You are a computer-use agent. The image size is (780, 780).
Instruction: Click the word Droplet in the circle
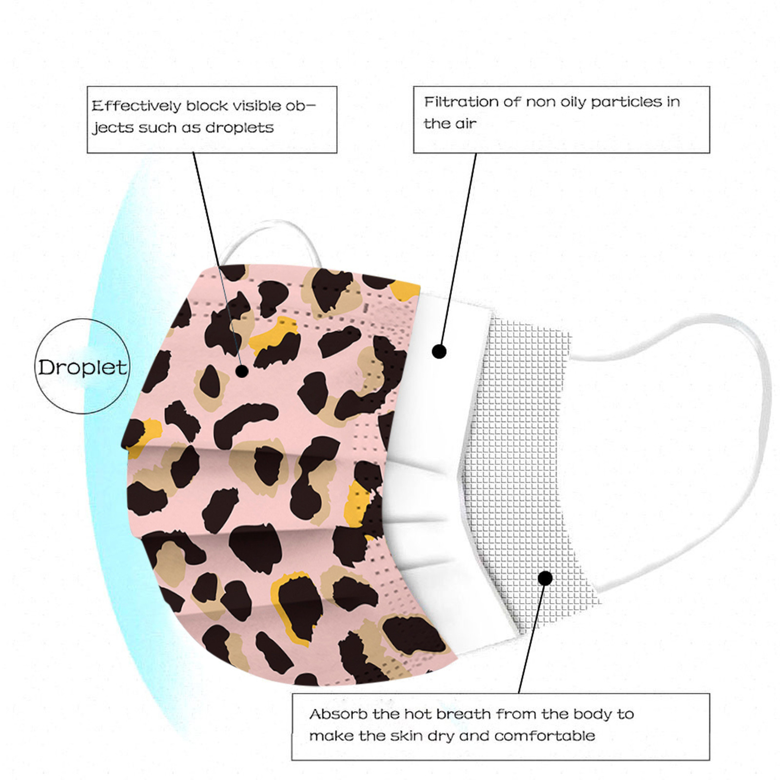pos(82,368)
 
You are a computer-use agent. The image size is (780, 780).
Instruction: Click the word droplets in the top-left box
pos(239,128)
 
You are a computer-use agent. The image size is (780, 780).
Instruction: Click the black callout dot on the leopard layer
pos(242,371)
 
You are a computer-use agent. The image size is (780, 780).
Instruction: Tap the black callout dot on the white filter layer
pos(439,351)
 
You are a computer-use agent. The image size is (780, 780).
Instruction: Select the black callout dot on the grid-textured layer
pos(546,578)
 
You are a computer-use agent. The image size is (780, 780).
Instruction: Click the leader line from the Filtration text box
pos(457,253)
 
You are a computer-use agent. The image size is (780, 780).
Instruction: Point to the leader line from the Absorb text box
pos(532,636)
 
